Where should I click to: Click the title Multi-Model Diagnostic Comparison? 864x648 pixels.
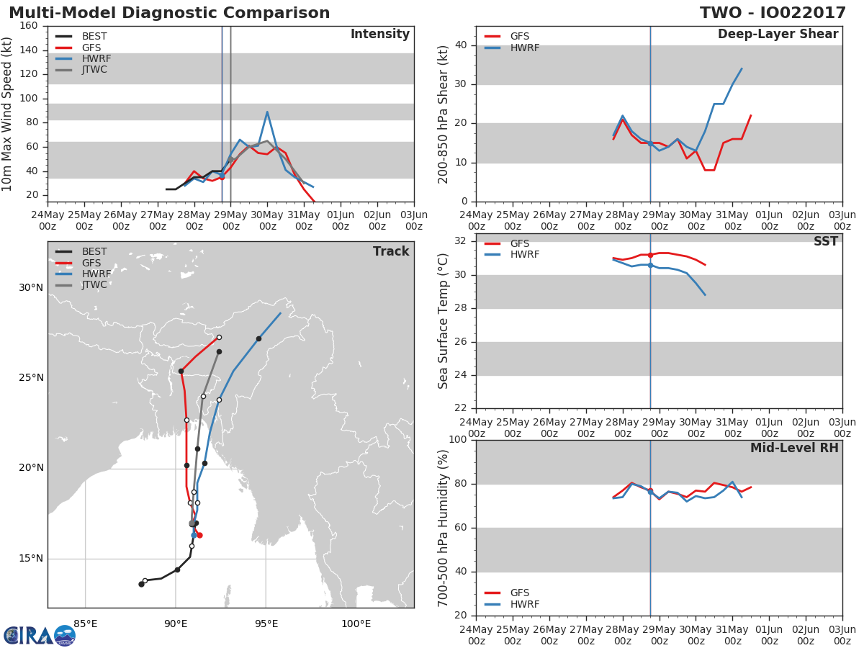169,13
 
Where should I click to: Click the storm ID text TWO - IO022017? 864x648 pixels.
773,13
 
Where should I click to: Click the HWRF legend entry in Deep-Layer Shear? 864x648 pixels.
512,48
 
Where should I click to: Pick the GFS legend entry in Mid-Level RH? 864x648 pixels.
507,593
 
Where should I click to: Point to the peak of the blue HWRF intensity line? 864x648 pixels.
267,112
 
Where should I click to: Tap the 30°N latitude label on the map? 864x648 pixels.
31,287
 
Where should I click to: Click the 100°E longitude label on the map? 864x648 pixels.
356,624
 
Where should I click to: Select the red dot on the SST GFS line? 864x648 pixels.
650,256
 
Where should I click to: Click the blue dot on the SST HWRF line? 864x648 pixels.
650,266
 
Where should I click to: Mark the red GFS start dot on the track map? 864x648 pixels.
199,536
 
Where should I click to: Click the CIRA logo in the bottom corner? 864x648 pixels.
40,636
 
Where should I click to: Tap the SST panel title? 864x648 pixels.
825,241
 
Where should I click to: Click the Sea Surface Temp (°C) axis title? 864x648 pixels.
443,321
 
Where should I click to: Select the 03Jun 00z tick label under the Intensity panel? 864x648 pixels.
414,221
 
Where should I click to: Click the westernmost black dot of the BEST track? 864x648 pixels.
141,584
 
